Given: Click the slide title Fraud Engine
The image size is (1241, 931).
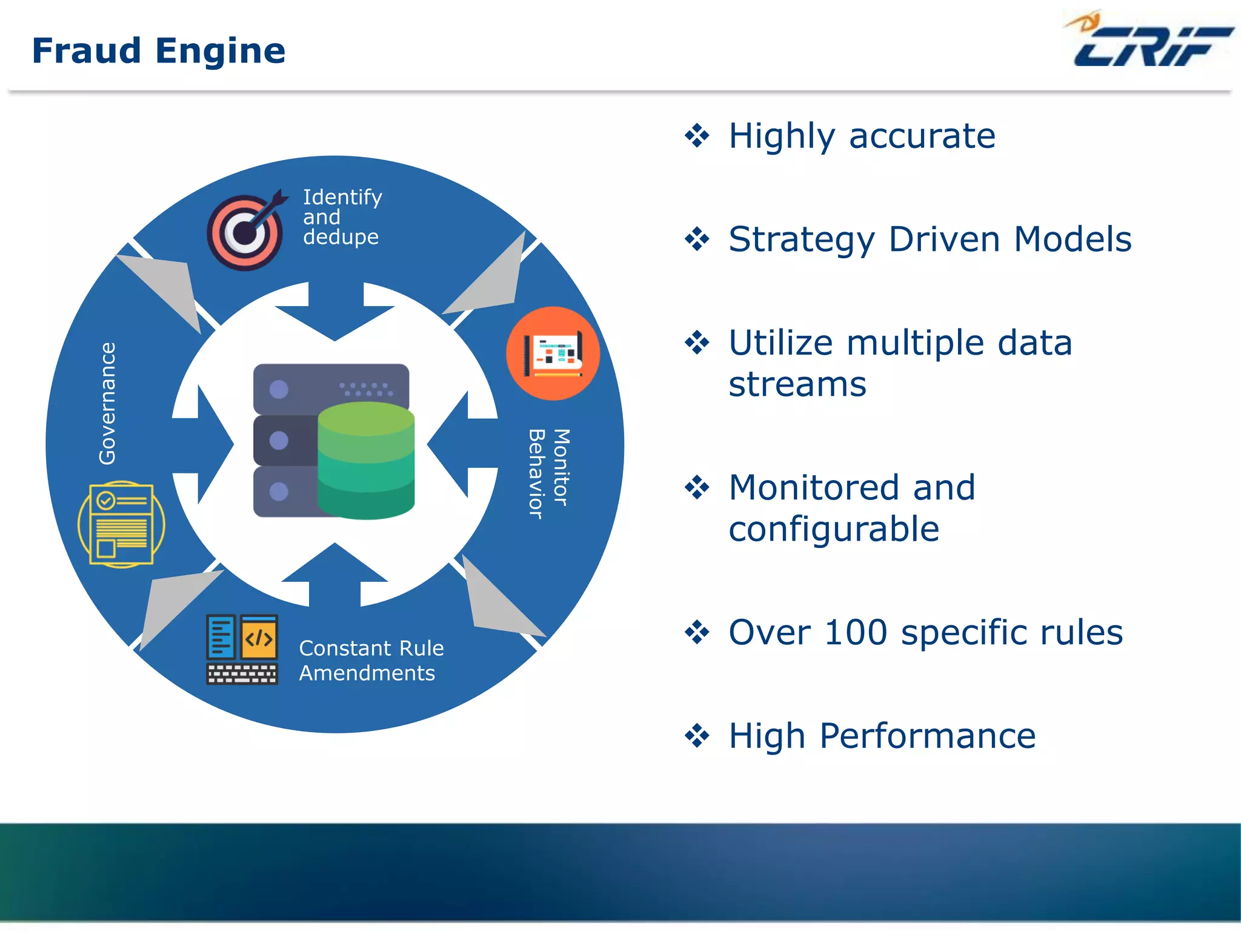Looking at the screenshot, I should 158,50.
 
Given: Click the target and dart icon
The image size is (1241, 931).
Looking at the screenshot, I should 245,232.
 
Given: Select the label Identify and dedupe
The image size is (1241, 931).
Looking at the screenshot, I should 342,216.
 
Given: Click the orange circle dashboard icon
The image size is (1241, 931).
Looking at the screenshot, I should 553,353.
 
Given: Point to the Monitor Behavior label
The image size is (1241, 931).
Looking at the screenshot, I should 549,473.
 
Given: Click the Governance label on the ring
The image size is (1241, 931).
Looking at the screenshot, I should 108,404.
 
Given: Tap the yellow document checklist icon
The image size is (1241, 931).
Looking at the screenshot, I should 121,524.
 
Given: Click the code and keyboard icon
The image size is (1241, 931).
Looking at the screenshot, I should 242,649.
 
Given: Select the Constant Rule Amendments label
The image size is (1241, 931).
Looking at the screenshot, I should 371,661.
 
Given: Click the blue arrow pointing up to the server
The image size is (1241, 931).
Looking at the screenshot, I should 335,573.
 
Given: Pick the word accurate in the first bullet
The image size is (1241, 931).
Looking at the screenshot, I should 922,136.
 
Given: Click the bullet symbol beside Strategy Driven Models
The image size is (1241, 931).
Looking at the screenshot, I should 697,239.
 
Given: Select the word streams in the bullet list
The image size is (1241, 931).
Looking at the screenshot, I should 797,385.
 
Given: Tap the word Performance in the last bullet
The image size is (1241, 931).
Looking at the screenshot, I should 927,736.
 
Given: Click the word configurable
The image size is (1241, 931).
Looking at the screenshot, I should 834,530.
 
